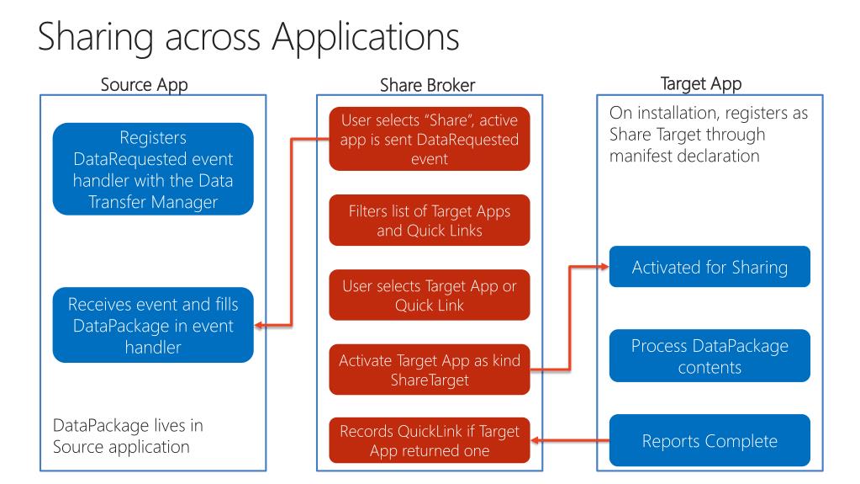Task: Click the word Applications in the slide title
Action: [366, 37]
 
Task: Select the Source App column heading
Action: [145, 85]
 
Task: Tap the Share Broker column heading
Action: [427, 85]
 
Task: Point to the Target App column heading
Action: [701, 84]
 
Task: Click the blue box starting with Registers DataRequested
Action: [153, 169]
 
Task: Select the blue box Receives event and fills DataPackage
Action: [153, 325]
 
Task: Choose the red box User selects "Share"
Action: [430, 139]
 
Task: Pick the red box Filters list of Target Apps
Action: [430, 221]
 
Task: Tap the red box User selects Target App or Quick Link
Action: [430, 295]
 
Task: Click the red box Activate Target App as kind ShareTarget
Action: [430, 370]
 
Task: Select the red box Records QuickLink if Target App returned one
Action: [430, 440]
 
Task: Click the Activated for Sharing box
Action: [710, 267]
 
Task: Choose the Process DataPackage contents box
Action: [710, 356]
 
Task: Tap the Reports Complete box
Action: [710, 440]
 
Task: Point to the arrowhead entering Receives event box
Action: [259, 326]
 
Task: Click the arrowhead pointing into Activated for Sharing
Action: [604, 267]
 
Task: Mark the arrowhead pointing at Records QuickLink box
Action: [536, 440]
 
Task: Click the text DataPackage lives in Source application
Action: [128, 436]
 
